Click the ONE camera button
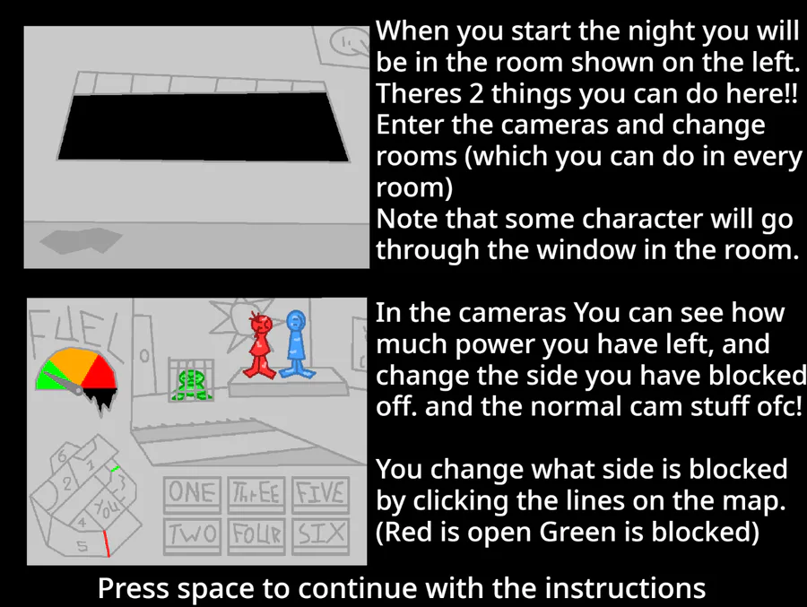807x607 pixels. pyautogui.click(x=192, y=494)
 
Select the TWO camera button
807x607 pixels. pyautogui.click(x=192, y=535)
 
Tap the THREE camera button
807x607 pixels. pyautogui.click(x=256, y=494)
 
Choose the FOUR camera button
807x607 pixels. pyautogui.click(x=256, y=535)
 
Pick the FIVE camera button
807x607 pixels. pyautogui.click(x=320, y=494)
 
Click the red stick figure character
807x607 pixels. pyautogui.click(x=260, y=346)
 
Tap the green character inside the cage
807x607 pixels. pyautogui.click(x=191, y=386)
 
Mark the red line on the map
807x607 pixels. pyautogui.click(x=107, y=543)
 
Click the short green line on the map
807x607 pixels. pyautogui.click(x=116, y=469)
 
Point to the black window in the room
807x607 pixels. pyautogui.click(x=204, y=126)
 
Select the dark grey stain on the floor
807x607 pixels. pyautogui.click(x=82, y=240)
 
